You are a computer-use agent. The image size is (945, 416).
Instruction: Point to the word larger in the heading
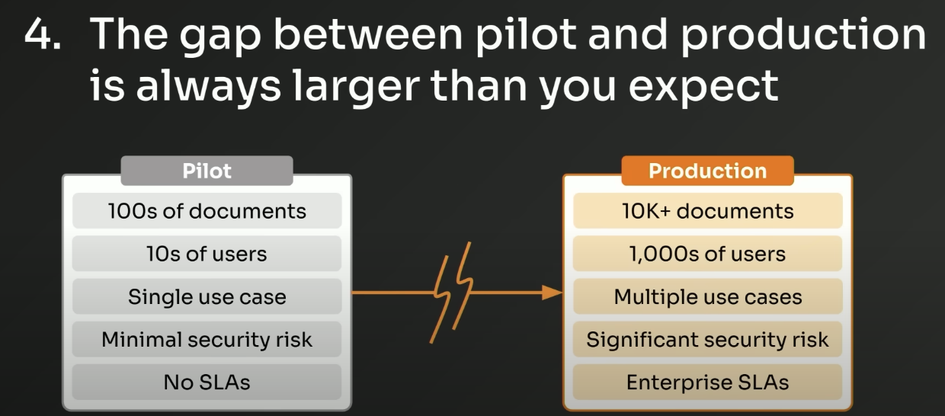pyautogui.click(x=356, y=87)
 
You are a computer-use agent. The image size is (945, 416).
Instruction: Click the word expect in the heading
pyautogui.click(x=703, y=88)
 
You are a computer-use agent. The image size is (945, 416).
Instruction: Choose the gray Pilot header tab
pyautogui.click(x=207, y=171)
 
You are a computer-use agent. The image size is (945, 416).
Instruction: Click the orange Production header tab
pyautogui.click(x=707, y=171)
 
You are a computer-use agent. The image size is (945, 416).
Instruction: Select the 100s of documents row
pyautogui.click(x=207, y=210)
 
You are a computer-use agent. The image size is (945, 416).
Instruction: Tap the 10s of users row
pyautogui.click(x=207, y=254)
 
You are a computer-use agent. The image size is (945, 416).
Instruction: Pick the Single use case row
pyautogui.click(x=207, y=296)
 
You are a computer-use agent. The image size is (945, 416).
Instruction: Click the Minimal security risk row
pyautogui.click(x=207, y=339)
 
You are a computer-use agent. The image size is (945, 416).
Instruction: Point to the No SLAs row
pyautogui.click(x=207, y=382)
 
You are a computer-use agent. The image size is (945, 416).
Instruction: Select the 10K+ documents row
pyautogui.click(x=707, y=210)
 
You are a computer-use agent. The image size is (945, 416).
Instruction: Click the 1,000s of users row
pyautogui.click(x=707, y=254)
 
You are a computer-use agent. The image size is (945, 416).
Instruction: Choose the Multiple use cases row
pyautogui.click(x=707, y=296)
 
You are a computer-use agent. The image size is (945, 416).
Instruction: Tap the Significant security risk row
pyautogui.click(x=707, y=339)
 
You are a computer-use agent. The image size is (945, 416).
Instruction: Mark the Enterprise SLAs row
pyautogui.click(x=707, y=382)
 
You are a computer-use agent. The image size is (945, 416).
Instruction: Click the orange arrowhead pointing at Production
pyautogui.click(x=552, y=293)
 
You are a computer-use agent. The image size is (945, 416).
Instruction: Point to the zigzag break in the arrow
pyautogui.click(x=452, y=293)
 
